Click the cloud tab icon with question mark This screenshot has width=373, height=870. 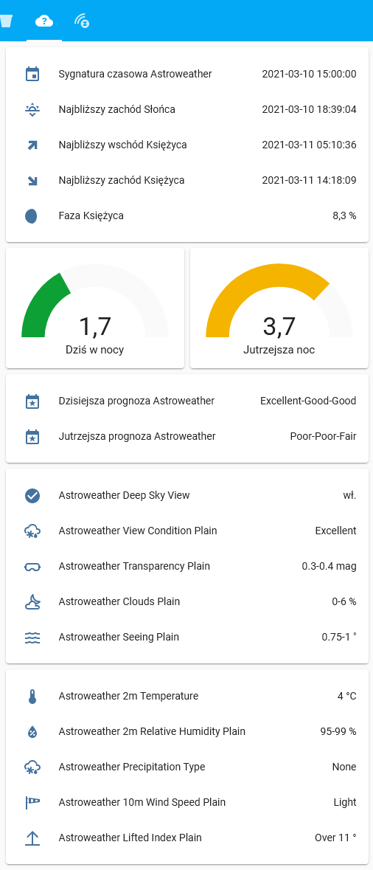tap(43, 21)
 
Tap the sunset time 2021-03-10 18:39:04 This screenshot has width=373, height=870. tap(309, 109)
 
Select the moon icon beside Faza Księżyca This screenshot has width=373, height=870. tap(32, 215)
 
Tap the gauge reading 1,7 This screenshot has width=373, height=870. tap(95, 326)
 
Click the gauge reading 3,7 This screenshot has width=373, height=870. tap(279, 326)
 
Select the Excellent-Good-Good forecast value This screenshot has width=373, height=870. tap(308, 401)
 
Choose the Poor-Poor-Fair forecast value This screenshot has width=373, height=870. tap(323, 436)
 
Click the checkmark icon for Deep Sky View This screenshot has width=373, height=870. tap(32, 495)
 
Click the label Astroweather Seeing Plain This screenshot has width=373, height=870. tap(119, 637)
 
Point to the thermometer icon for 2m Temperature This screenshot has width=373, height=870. tap(32, 697)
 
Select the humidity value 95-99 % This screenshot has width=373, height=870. tap(338, 731)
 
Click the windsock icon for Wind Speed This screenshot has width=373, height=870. tap(32, 802)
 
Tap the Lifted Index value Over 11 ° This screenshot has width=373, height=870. tap(335, 838)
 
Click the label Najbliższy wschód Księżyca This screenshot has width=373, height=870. tap(122, 145)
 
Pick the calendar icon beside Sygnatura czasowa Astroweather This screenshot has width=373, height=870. tap(32, 74)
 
